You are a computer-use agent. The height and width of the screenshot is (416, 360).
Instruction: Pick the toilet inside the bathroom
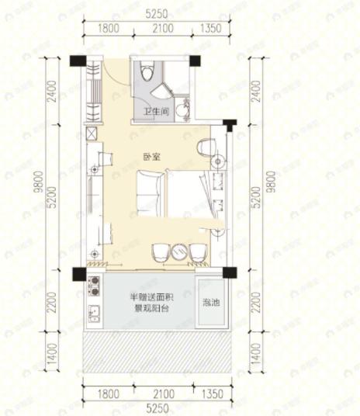tap(148, 73)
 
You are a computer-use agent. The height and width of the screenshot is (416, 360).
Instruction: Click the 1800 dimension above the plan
tap(108, 29)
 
